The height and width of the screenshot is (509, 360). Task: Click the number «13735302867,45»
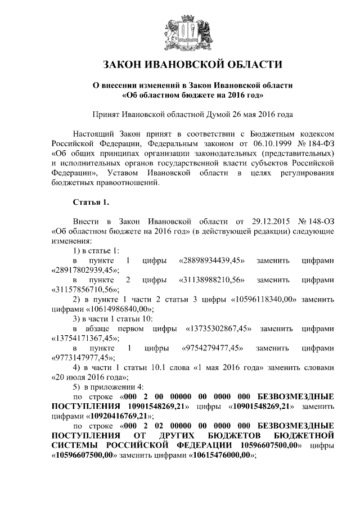(x=218, y=328)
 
